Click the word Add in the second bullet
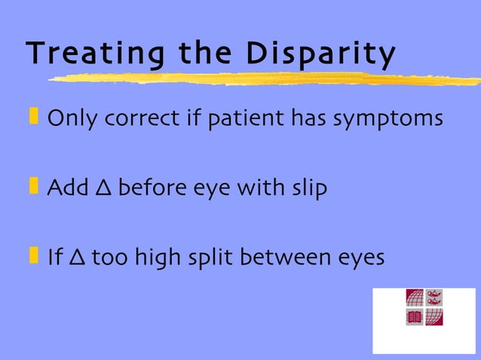click(66, 188)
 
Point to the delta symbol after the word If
click(76, 258)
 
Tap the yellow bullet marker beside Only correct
click(33, 117)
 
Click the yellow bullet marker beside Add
click(33, 186)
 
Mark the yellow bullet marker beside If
click(33, 255)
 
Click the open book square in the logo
click(415, 317)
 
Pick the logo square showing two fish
click(434, 297)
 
